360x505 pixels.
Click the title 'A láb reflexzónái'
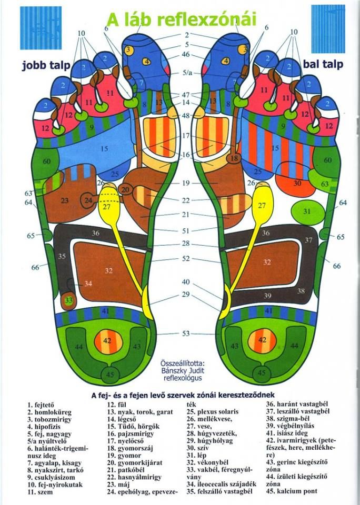point(182,19)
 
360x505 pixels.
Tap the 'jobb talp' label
point(43,66)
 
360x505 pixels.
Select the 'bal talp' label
point(323,64)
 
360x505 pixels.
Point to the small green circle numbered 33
point(68,300)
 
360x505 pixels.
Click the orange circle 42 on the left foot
point(107,341)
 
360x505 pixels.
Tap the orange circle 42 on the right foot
point(262,340)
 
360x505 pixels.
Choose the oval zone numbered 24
point(89,200)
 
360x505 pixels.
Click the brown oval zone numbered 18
point(235,158)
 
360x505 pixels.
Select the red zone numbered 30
point(297,184)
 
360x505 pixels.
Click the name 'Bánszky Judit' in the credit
point(182,370)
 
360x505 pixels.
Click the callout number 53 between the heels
point(186,334)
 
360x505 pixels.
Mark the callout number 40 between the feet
point(186,282)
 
